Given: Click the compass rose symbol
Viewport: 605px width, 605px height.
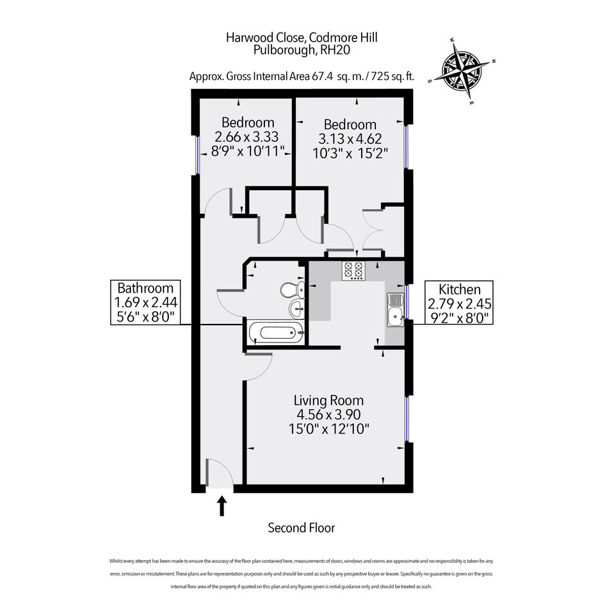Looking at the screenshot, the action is coord(461,70).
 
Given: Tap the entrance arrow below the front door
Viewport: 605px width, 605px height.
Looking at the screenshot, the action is coord(222,506).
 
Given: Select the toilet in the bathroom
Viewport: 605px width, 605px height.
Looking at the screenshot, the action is coord(292,290).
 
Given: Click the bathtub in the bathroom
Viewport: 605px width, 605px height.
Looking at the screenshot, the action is coord(277,332).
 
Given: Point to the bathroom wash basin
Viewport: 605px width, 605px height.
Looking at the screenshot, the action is coord(296,307).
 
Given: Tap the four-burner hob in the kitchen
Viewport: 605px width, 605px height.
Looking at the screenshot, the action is coord(353,271).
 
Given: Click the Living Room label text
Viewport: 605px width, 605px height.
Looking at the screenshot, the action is coord(328,401).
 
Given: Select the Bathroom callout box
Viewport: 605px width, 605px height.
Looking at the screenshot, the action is coord(145,302).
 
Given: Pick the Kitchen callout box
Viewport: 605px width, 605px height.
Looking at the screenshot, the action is coord(459,303).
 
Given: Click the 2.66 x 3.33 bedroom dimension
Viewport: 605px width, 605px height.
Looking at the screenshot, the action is coord(246,136).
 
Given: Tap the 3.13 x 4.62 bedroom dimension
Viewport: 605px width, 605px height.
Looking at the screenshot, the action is coord(350,138).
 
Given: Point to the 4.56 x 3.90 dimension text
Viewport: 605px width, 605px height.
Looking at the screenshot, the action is coord(328,414).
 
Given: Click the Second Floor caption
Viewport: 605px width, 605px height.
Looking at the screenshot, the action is coord(302,528).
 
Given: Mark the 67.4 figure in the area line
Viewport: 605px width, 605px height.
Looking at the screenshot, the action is coord(322,76).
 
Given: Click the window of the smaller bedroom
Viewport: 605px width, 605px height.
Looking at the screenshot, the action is coord(197,155).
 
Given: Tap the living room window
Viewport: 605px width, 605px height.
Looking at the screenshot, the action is coord(407,419).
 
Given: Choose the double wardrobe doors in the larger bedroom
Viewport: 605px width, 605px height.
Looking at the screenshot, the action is coord(373,229).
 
